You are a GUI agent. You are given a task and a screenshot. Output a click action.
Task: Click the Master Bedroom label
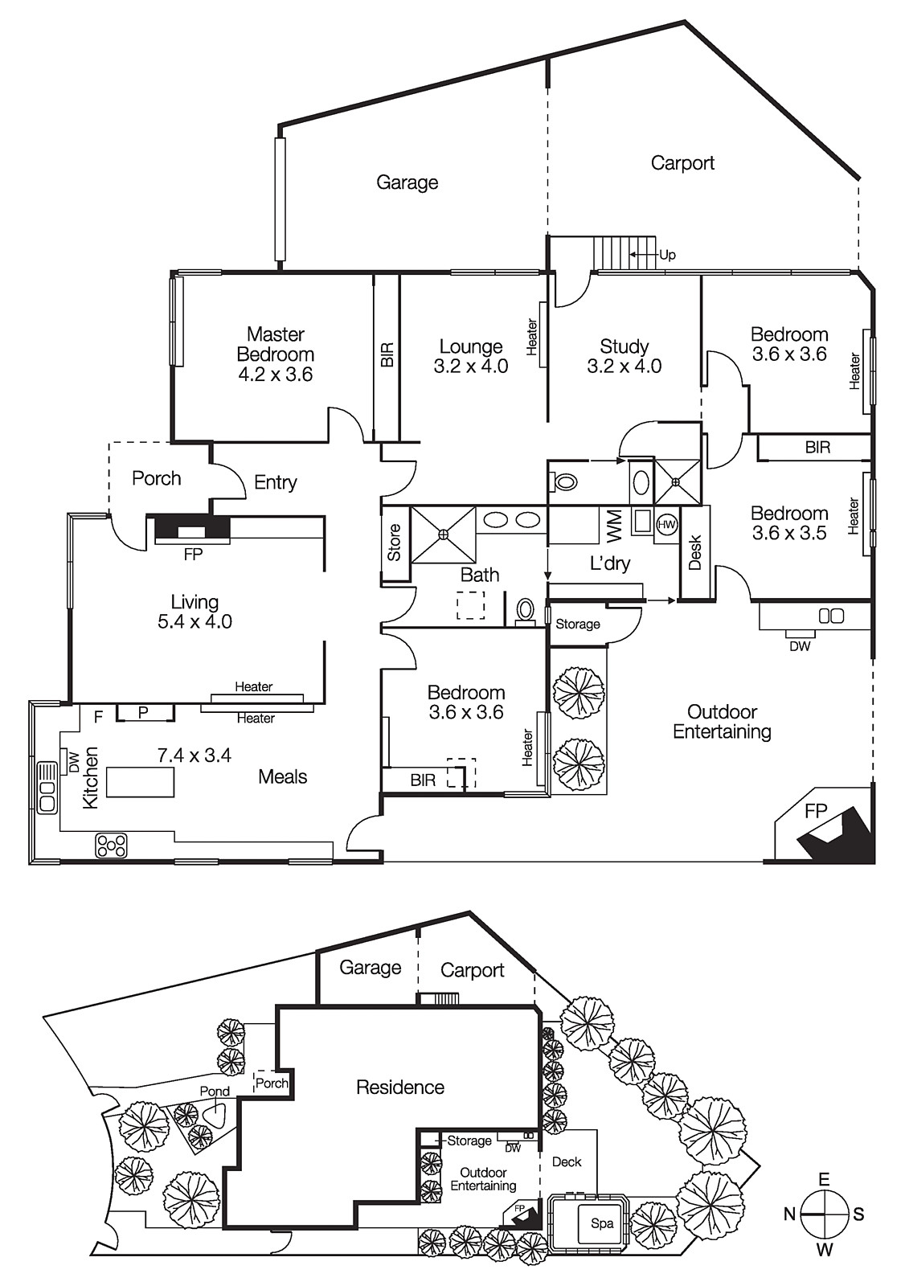click(x=275, y=344)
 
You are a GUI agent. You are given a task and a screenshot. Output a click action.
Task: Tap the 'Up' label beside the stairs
click(x=667, y=255)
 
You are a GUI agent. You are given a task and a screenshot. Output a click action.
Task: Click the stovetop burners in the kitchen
click(x=112, y=846)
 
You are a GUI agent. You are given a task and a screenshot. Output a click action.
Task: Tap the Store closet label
click(x=394, y=543)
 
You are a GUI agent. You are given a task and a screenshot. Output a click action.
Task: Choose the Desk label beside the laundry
click(x=695, y=552)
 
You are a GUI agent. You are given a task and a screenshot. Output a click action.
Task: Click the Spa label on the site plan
click(x=601, y=1223)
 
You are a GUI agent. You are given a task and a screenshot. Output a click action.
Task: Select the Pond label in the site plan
click(x=215, y=1091)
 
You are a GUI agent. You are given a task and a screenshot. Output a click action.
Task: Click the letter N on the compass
click(x=789, y=1214)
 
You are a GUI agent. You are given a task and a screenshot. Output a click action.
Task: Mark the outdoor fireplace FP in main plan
click(x=816, y=812)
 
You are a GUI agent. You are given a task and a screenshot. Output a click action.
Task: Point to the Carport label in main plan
click(x=682, y=163)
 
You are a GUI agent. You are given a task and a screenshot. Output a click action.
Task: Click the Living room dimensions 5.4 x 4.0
click(x=195, y=621)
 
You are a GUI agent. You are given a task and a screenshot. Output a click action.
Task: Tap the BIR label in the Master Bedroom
click(x=387, y=355)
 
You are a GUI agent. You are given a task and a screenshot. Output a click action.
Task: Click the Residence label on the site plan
click(x=400, y=1087)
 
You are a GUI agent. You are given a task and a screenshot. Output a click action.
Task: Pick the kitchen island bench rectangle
click(x=140, y=782)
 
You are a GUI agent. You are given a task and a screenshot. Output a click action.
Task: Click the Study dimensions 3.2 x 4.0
click(x=624, y=367)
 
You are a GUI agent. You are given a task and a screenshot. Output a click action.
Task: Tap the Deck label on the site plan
click(x=567, y=1161)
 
